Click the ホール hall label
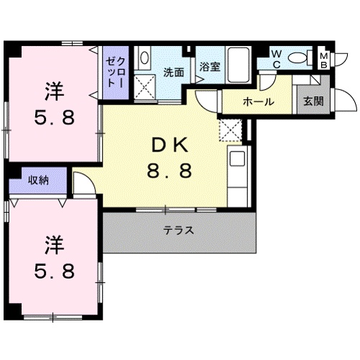(257, 101)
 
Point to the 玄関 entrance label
(313, 101)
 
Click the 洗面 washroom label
(172, 72)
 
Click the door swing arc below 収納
(83, 185)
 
